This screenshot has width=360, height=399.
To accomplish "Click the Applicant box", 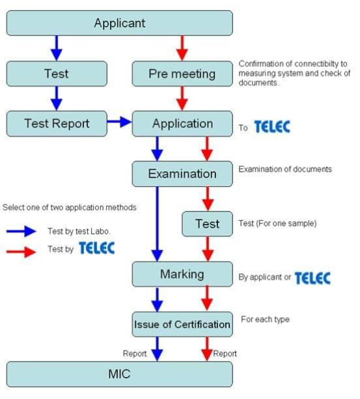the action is [x=119, y=23].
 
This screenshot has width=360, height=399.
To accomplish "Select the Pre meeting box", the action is [x=182, y=74].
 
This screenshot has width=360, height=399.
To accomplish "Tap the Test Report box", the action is [x=57, y=124].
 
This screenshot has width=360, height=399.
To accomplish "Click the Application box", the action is [x=182, y=124].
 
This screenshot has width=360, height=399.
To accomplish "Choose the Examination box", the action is [x=182, y=174].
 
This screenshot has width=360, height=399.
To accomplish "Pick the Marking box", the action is [x=182, y=274].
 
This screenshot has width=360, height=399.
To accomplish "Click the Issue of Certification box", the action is [x=182, y=324].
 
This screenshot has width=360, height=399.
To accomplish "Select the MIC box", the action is [x=119, y=374].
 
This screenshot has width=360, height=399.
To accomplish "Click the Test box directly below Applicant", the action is [x=57, y=74].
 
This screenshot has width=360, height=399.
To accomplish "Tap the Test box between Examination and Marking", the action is [x=208, y=224].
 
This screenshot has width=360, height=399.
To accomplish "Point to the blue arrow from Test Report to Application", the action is [x=119, y=122].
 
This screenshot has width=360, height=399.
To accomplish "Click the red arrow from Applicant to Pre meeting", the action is [x=182, y=48].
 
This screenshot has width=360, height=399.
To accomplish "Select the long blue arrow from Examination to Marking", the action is [x=158, y=224].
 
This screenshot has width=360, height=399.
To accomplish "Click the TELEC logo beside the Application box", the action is [x=272, y=127].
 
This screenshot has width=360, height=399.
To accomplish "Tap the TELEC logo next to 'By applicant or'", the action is [x=312, y=278].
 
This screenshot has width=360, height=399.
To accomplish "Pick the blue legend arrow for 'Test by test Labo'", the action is [x=21, y=231].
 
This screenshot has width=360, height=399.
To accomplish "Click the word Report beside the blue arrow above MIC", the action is [x=135, y=353].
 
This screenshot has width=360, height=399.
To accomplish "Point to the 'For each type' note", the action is [x=265, y=320].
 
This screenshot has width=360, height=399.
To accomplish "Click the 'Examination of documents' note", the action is [x=285, y=169].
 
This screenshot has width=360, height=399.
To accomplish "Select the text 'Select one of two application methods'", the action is [x=70, y=208].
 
